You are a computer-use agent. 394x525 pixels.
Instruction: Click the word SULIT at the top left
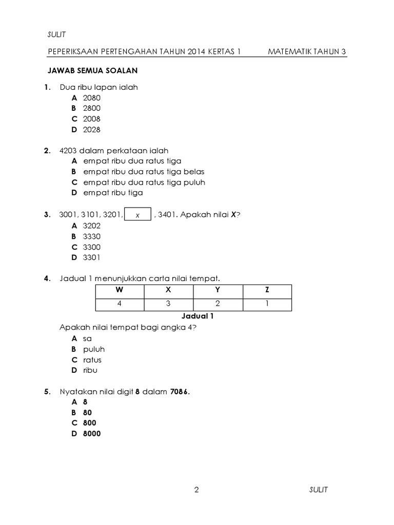click(x=56, y=34)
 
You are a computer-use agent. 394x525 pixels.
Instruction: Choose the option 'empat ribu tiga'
click(x=113, y=193)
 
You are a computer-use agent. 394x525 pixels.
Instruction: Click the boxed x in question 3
click(x=137, y=215)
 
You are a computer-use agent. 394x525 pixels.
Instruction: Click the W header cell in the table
click(x=120, y=290)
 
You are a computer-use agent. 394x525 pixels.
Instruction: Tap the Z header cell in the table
click(x=267, y=290)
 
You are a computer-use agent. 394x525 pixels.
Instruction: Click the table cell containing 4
click(x=120, y=304)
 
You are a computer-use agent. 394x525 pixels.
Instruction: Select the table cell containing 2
click(x=218, y=304)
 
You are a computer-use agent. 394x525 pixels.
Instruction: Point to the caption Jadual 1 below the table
click(x=198, y=316)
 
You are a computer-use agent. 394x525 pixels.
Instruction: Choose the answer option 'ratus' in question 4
click(x=92, y=360)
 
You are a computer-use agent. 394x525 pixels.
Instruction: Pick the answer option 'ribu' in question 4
click(x=90, y=370)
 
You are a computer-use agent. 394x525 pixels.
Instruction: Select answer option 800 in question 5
click(x=89, y=423)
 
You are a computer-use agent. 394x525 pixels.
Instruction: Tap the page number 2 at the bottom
click(x=196, y=490)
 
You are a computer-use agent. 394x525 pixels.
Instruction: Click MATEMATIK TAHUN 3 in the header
click(x=307, y=52)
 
